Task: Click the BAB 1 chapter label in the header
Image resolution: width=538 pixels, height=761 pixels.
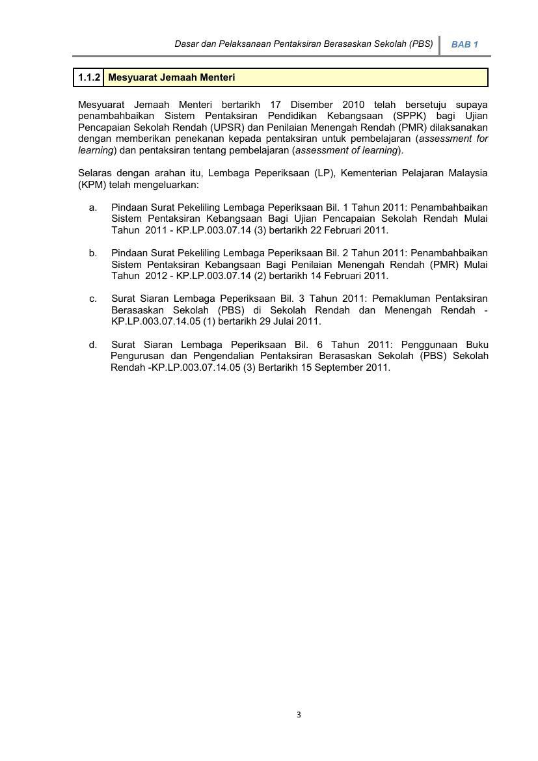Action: click(464, 45)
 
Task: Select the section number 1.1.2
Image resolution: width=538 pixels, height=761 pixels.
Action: click(88, 77)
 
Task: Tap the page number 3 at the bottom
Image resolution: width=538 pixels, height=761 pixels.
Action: click(299, 715)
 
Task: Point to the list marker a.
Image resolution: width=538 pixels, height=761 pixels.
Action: click(93, 207)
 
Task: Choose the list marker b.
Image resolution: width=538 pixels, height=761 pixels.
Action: click(93, 253)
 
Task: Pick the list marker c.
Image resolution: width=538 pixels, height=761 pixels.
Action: click(93, 299)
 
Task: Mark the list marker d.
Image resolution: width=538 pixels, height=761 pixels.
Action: click(93, 345)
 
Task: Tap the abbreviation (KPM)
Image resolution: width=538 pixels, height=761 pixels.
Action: click(92, 185)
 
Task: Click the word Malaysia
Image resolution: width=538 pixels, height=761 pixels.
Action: click(466, 173)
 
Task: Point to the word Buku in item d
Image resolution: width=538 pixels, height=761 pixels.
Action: click(477, 345)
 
